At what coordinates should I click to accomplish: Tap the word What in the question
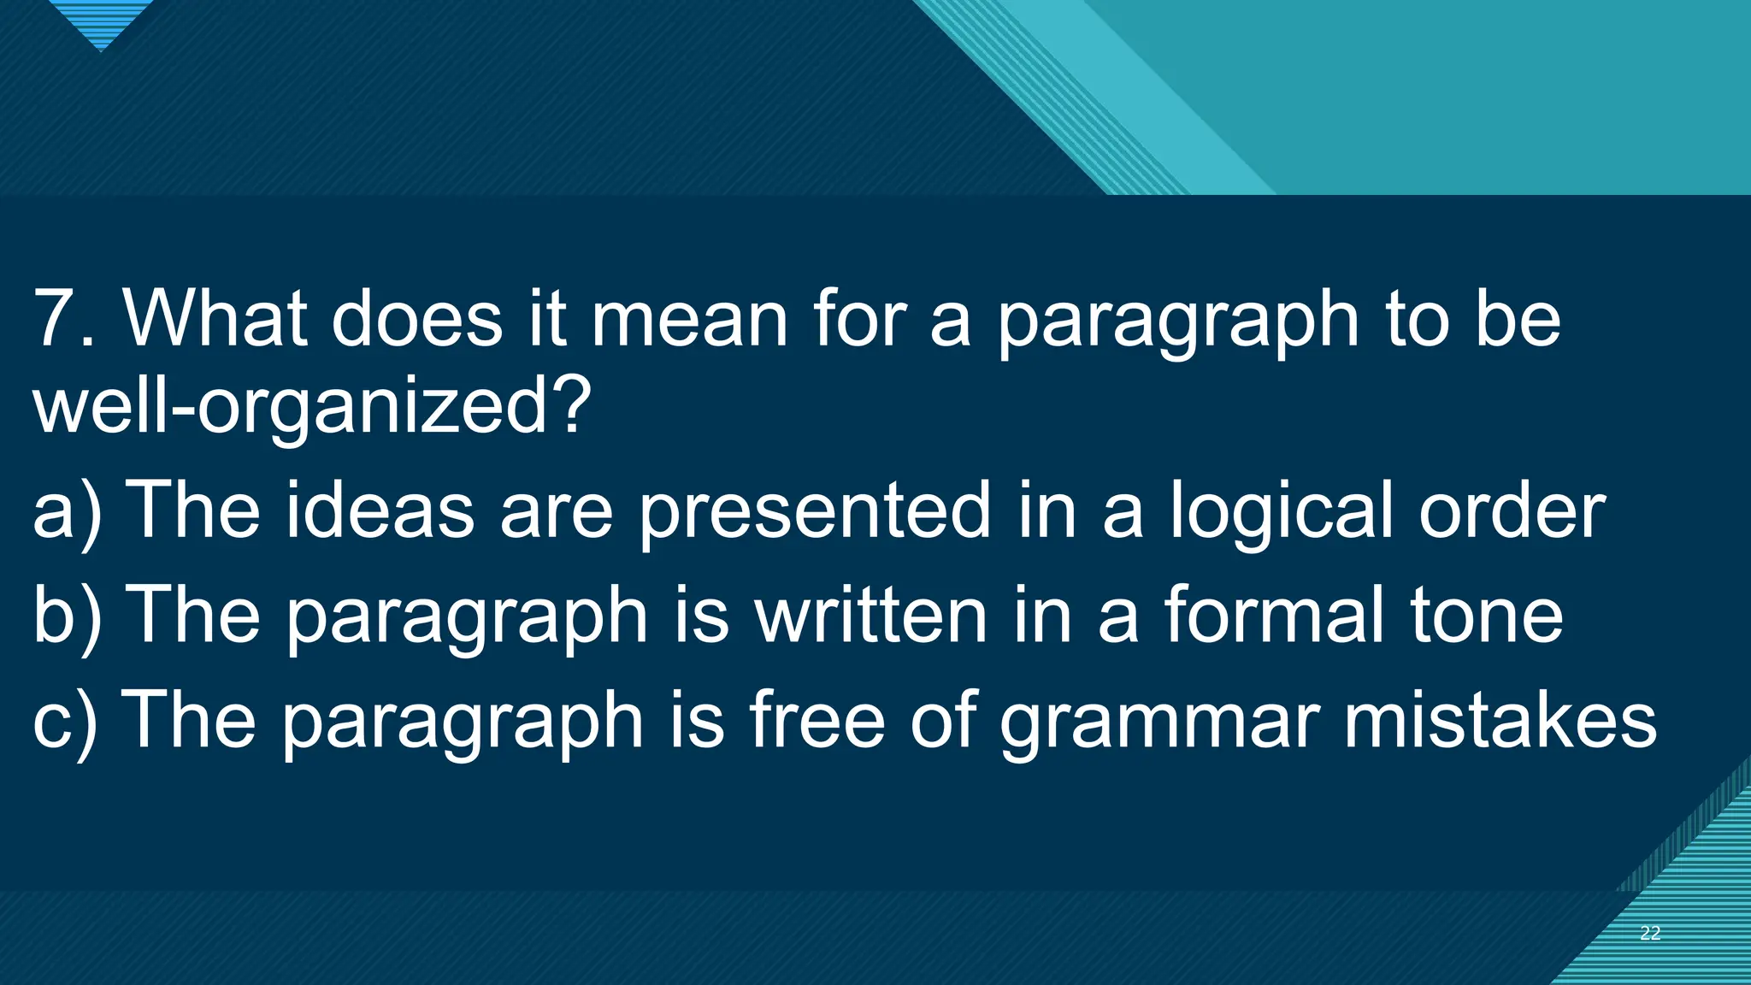(215, 319)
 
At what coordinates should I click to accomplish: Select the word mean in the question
(689, 319)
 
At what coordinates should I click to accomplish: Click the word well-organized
(311, 406)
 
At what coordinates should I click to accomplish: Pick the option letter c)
(65, 720)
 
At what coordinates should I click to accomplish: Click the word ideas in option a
(380, 510)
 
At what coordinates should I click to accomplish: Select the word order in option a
(1512, 510)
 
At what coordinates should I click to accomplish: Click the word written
(870, 615)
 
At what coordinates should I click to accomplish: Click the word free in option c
(817, 720)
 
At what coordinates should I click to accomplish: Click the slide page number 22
(1650, 933)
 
